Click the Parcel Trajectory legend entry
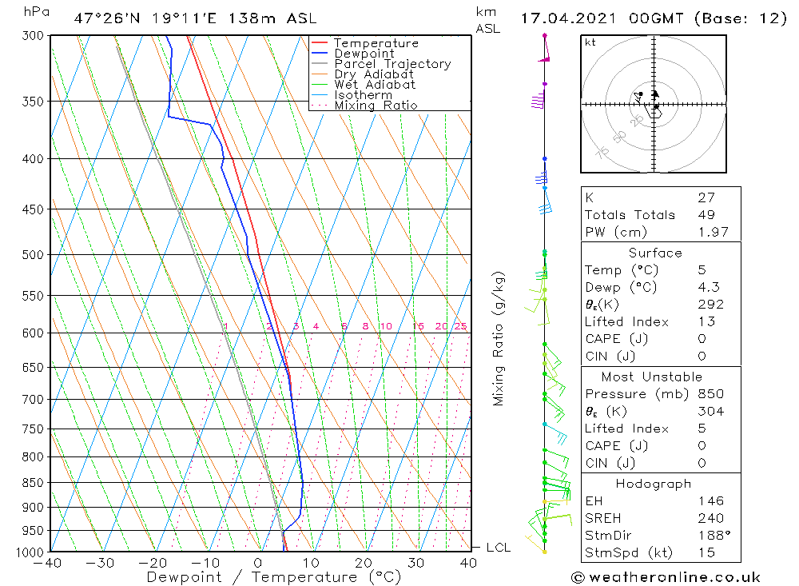coord(392,64)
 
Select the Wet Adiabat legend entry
coord(375,85)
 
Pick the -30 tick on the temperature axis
coord(101,563)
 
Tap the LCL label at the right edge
coord(498,548)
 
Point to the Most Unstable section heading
coord(651,377)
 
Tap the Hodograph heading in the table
coord(653,484)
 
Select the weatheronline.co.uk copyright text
coord(666,577)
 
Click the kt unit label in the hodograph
coord(590,42)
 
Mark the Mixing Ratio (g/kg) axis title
coord(499,338)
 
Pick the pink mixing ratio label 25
coord(460,326)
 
